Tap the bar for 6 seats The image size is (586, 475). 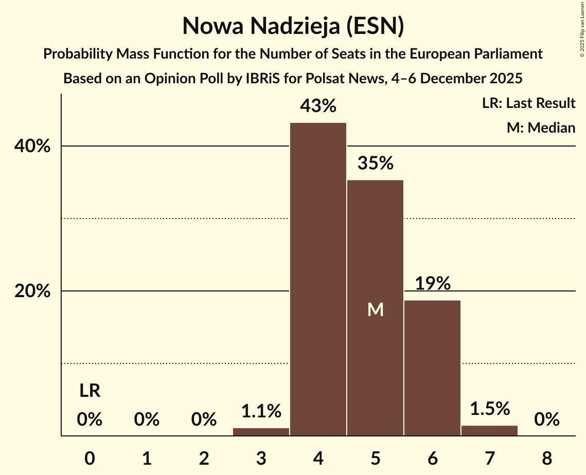click(x=432, y=368)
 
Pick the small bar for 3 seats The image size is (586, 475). click(x=261, y=432)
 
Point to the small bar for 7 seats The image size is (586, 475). click(x=489, y=431)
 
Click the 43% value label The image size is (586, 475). click(x=318, y=106)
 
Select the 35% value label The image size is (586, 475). click(x=375, y=163)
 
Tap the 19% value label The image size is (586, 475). click(x=432, y=283)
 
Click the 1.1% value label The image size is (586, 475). click(x=261, y=411)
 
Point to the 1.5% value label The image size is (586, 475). click(x=489, y=409)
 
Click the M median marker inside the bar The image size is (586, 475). click(x=375, y=309)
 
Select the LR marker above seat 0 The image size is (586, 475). click(x=90, y=391)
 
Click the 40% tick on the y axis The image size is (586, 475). click(x=32, y=147)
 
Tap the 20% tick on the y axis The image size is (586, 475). click(x=32, y=291)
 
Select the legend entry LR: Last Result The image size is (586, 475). click(x=528, y=103)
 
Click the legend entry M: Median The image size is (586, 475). click(x=541, y=127)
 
